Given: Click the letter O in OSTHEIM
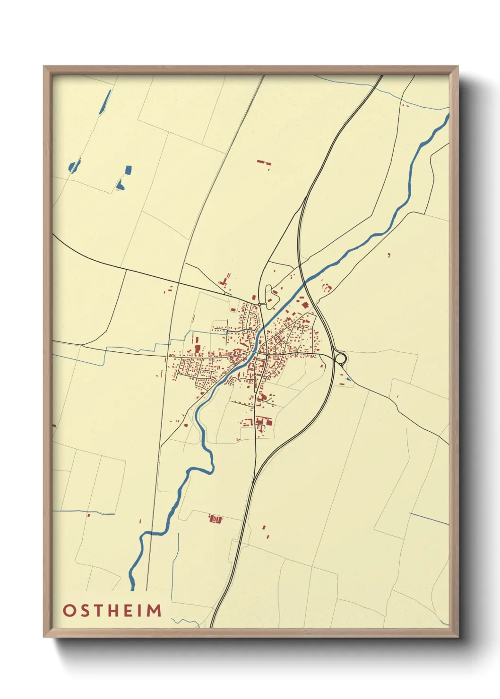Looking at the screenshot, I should tap(69, 610).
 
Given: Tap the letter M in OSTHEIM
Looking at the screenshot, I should tap(153, 610).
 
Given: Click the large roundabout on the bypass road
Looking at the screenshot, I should tap(340, 358).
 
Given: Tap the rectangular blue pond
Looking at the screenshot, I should tap(128, 170).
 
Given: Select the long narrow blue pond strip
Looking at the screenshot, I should tap(106, 102).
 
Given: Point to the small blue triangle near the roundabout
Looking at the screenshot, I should tap(348, 378).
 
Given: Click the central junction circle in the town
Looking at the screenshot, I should tap(267, 353).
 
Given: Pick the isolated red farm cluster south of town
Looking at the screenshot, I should tap(216, 519).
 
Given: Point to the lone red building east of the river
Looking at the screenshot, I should tap(389, 255).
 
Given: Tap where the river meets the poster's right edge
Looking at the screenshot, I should tap(448, 115).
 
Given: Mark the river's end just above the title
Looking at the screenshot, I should tap(132, 589).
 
